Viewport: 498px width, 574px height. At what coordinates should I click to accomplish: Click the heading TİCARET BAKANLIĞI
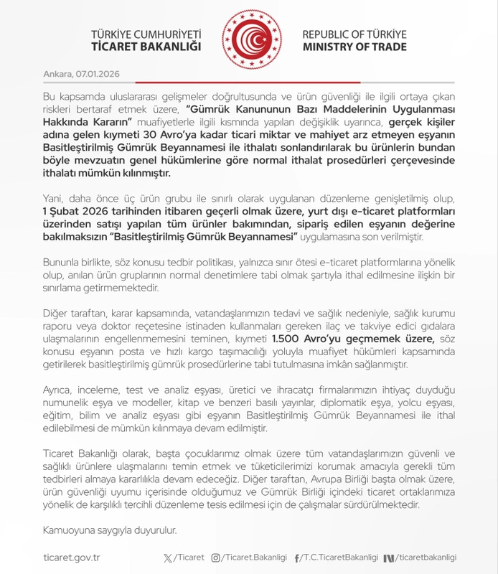(x=146, y=47)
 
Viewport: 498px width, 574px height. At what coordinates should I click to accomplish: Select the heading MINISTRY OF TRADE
(x=354, y=47)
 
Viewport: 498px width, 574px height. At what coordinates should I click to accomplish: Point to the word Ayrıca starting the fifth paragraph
(x=58, y=390)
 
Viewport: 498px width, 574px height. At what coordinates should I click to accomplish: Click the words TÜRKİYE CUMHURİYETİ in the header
(x=146, y=34)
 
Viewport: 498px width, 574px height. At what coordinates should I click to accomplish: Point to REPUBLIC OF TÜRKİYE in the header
(x=354, y=34)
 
